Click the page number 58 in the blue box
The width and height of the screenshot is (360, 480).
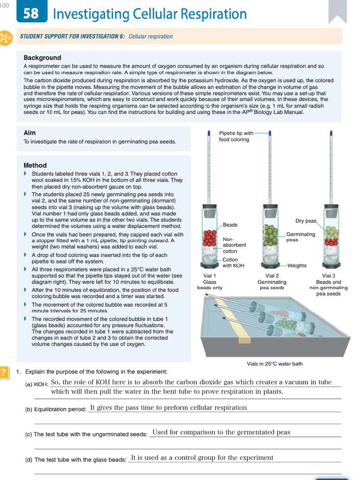(x=31, y=13)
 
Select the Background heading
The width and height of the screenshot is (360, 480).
(x=42, y=58)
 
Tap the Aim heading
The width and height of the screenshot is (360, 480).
(x=30, y=133)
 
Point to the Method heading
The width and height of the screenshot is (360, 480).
(x=35, y=165)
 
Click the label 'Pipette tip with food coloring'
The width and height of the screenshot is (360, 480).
(x=236, y=136)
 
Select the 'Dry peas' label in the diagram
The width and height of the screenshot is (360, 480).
(x=306, y=221)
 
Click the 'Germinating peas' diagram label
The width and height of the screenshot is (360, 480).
(x=300, y=237)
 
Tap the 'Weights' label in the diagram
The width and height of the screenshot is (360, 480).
(x=297, y=265)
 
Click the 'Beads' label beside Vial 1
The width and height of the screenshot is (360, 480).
(x=230, y=225)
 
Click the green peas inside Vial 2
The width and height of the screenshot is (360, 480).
(x=271, y=234)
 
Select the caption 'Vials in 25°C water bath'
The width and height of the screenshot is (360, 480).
(x=275, y=364)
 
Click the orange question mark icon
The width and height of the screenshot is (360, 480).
(x=4, y=372)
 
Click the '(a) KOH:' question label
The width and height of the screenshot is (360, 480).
(x=37, y=384)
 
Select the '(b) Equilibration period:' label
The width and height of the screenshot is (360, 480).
(x=55, y=409)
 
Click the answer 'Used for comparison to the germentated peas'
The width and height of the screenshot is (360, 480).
(x=221, y=432)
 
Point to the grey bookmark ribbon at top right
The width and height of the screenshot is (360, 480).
(x=337, y=12)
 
